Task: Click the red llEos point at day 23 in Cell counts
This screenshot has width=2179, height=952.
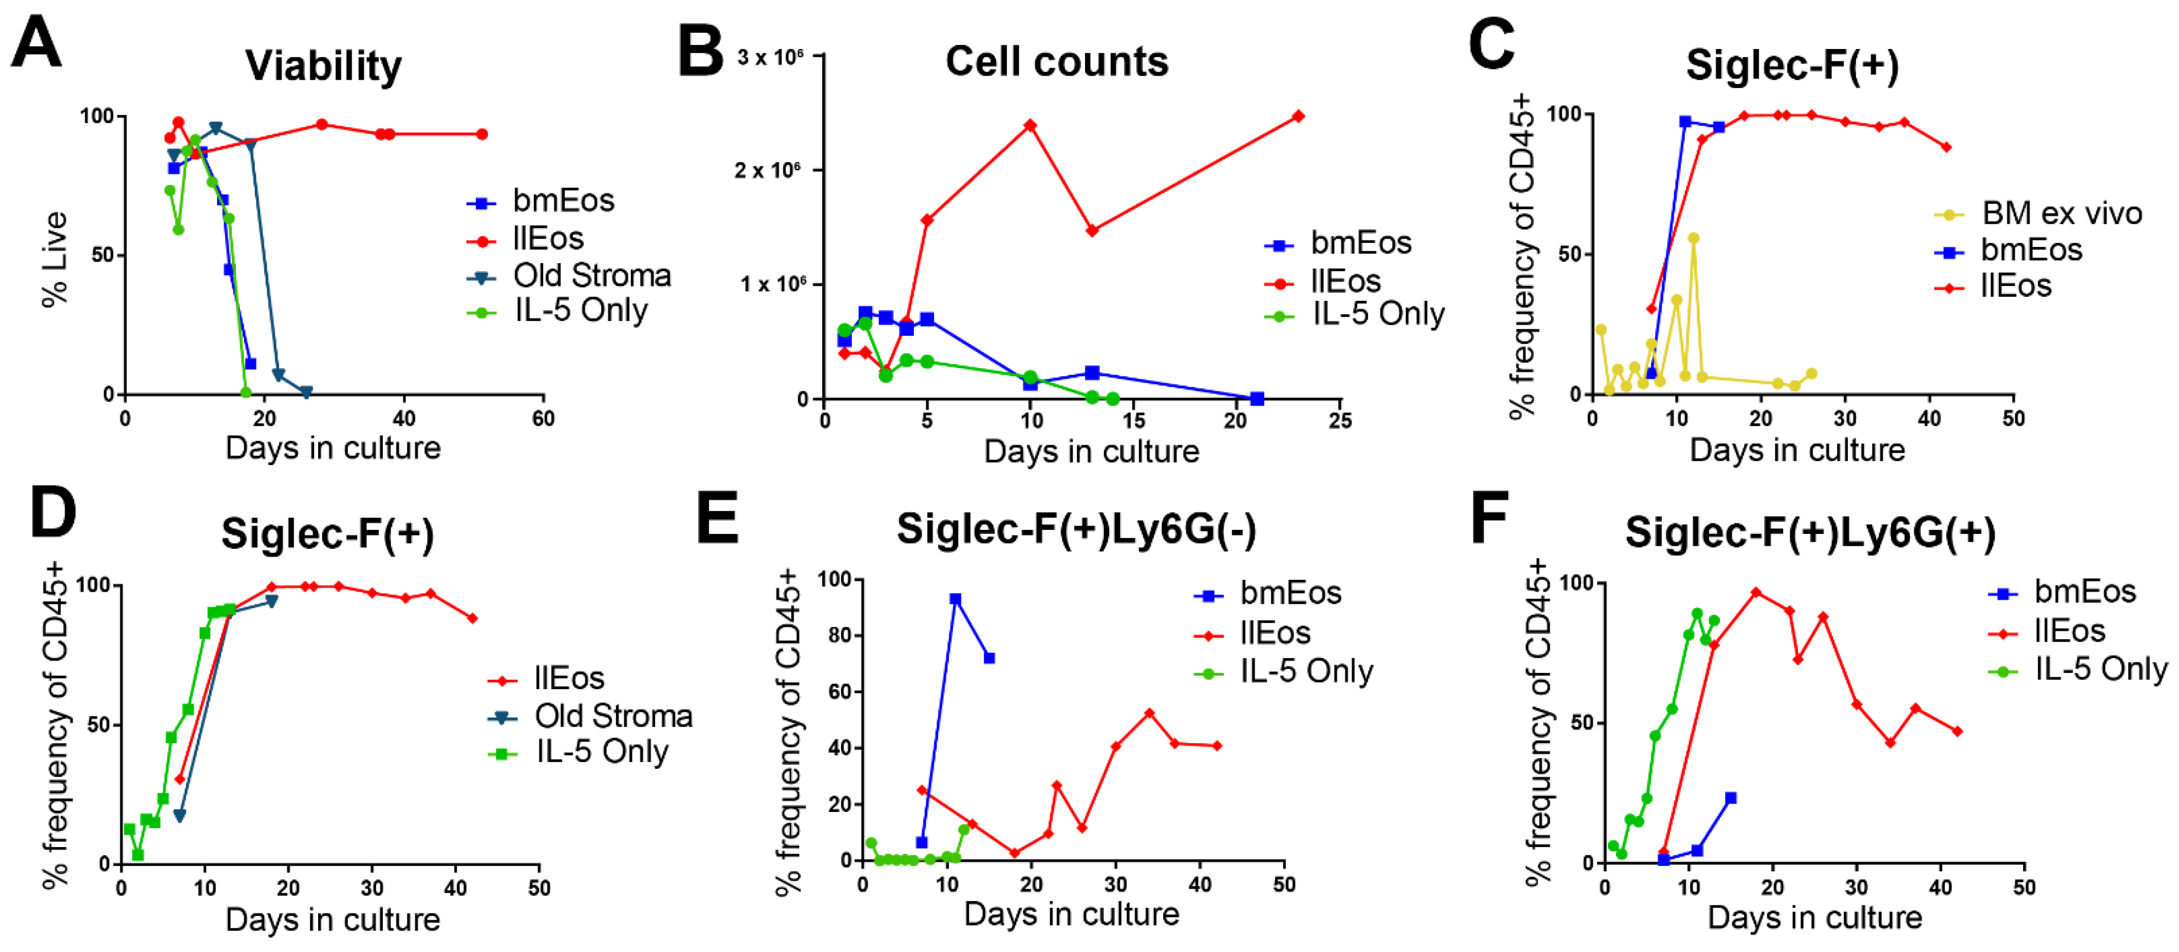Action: point(1298,116)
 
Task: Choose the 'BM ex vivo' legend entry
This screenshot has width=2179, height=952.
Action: point(2061,213)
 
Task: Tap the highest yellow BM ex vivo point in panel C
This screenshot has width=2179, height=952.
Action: point(1694,238)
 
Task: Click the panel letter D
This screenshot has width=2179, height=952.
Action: point(52,513)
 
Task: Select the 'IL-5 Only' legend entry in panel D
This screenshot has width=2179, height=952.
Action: point(602,752)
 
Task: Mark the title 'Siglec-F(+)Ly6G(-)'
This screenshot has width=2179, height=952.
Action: point(1076,530)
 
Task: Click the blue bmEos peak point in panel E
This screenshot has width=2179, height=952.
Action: point(955,599)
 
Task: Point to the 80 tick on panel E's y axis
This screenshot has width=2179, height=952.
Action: point(841,635)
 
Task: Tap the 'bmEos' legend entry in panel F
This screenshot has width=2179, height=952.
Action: point(2084,591)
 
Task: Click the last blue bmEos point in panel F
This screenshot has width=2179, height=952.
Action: point(1731,798)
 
